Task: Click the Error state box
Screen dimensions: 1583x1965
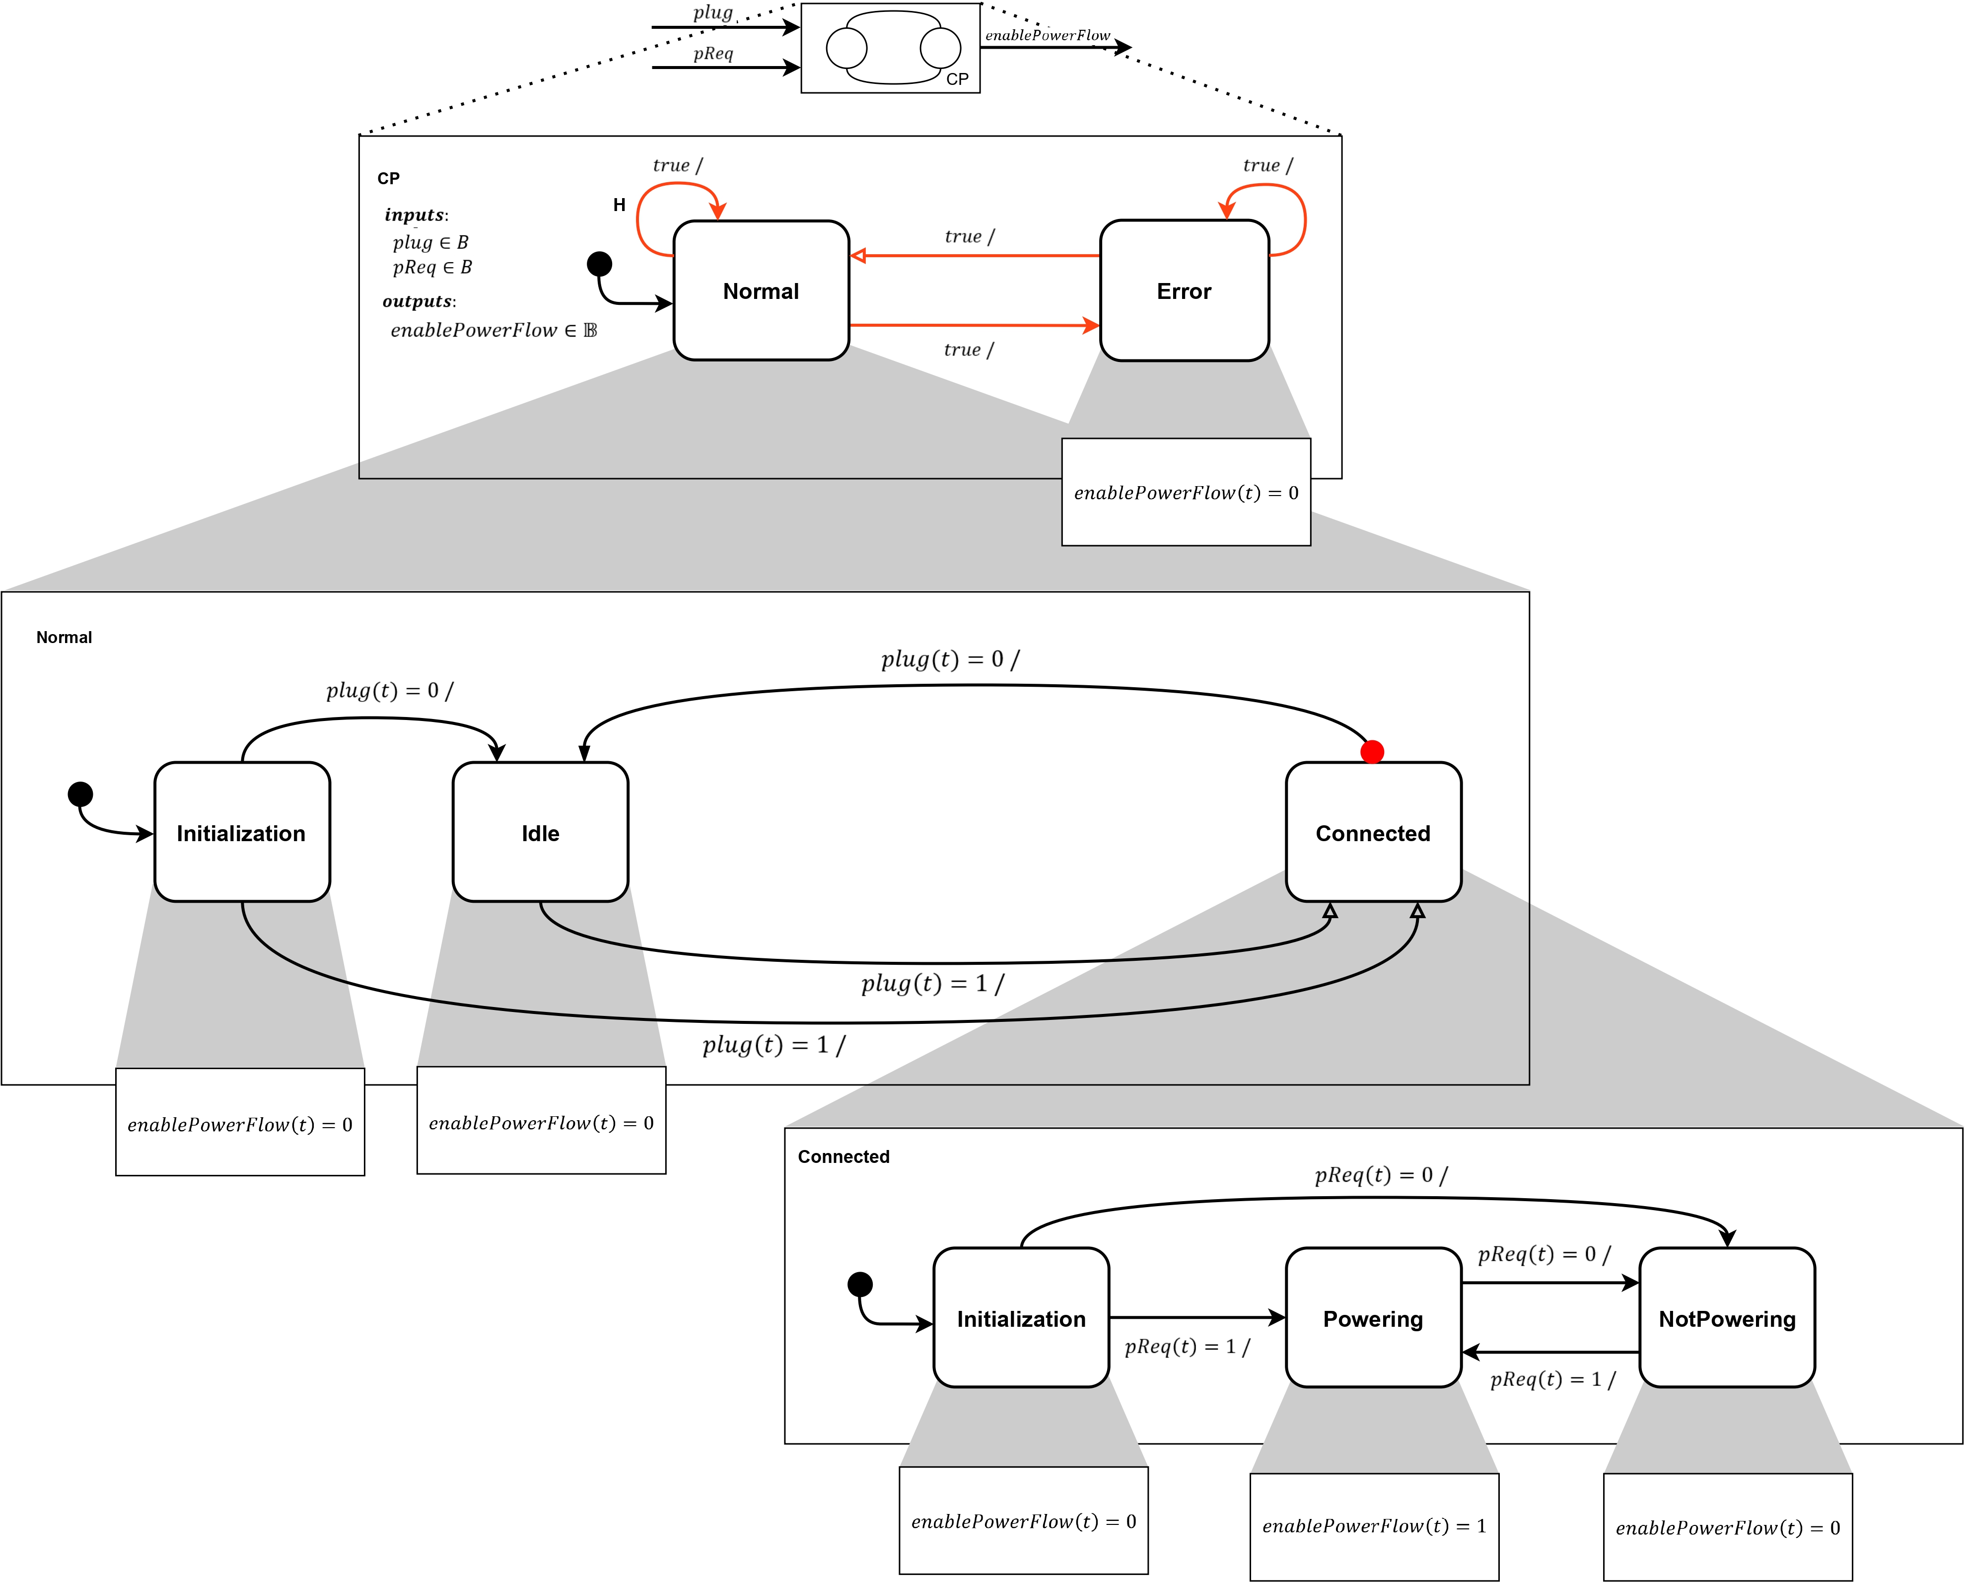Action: [x=1184, y=291]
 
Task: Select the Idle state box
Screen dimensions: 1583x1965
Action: [x=540, y=833]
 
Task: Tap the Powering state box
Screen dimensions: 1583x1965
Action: [x=1372, y=1318]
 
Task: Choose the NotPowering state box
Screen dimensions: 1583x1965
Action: [x=1726, y=1318]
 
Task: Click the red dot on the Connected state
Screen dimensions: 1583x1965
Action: [x=1371, y=751]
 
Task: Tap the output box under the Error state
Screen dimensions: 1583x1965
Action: [x=1186, y=493]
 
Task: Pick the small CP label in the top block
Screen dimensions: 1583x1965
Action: [x=957, y=79]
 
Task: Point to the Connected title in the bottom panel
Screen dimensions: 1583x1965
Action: [x=843, y=1157]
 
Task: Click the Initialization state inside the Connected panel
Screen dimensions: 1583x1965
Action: [x=1020, y=1318]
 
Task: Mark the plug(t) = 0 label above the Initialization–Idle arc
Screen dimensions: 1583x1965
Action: [x=389, y=690]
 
